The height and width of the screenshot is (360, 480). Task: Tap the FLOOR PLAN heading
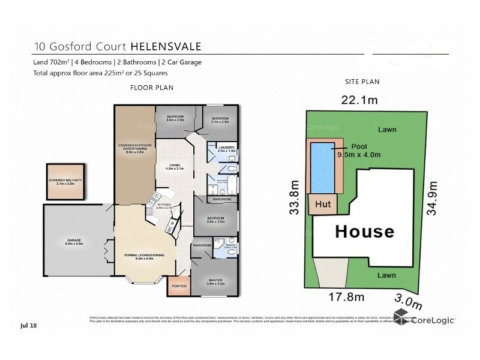click(152, 88)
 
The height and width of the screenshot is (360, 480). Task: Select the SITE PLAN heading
click(362, 82)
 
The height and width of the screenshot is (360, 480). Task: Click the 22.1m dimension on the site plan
click(359, 101)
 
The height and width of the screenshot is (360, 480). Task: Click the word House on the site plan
click(364, 231)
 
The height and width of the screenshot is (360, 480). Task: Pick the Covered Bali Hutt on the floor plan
click(65, 182)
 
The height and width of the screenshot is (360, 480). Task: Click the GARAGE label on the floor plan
click(74, 241)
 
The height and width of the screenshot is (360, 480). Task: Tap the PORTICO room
click(179, 286)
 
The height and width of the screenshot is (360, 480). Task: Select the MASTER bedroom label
click(215, 281)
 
